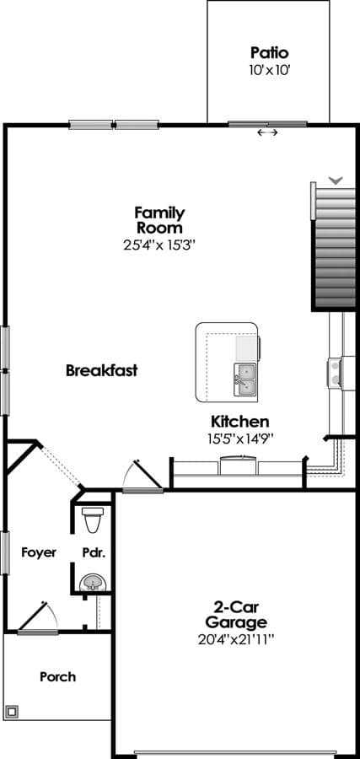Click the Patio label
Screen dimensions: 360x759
(269, 53)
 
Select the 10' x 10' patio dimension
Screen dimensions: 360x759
(269, 70)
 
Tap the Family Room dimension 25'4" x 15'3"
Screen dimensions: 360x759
(159, 245)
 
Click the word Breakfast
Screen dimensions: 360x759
(102, 371)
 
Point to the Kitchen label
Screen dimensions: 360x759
(240, 421)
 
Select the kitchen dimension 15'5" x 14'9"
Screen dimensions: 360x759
(240, 439)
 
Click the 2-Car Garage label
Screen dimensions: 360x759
(236, 614)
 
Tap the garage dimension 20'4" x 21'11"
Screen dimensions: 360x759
(236, 639)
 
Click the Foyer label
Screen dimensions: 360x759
(39, 552)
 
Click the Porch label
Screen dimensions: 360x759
(57, 676)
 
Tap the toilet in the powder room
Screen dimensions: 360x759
(93, 519)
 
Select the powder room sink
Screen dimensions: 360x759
(92, 582)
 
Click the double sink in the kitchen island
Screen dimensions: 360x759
(245, 379)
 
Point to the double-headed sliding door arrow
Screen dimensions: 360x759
(267, 132)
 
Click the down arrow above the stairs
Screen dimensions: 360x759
(336, 180)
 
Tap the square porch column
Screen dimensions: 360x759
(12, 711)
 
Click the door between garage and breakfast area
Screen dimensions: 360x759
(142, 476)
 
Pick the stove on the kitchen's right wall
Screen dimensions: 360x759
(335, 373)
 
